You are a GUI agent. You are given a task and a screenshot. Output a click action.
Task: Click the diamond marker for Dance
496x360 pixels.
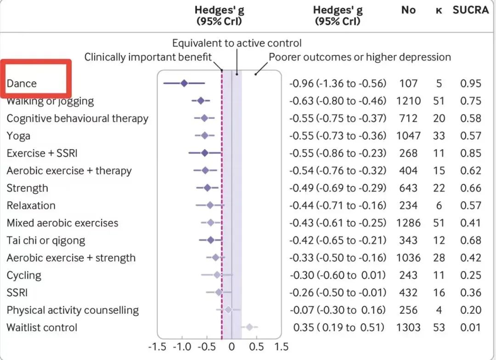click(x=184, y=83)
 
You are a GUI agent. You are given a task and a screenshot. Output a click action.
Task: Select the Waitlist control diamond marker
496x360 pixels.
click(x=249, y=327)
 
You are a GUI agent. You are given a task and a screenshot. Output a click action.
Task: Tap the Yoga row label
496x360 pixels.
click(x=18, y=135)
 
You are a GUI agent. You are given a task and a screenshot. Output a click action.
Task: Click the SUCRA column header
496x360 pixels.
click(x=470, y=10)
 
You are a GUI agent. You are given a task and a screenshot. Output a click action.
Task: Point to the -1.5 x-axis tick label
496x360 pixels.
click(x=157, y=347)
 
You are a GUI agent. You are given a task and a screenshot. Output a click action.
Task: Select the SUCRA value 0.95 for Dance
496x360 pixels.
click(x=471, y=83)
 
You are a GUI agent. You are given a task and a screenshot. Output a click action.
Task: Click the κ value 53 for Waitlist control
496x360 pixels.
click(x=439, y=327)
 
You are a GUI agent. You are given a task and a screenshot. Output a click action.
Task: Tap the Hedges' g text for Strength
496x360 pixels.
click(x=338, y=188)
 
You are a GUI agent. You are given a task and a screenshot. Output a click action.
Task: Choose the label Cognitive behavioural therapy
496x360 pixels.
click(x=77, y=118)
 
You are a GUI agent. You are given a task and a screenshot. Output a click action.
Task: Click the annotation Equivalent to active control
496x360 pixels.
click(x=237, y=43)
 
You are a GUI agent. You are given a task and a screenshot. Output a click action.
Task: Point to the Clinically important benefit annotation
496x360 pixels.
click(x=148, y=57)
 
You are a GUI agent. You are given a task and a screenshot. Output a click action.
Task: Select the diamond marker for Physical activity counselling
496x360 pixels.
click(x=228, y=310)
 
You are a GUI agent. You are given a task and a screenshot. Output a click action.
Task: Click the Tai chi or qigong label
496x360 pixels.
click(x=45, y=240)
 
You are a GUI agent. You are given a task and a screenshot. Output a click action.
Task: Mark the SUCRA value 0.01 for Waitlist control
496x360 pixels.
click(x=471, y=327)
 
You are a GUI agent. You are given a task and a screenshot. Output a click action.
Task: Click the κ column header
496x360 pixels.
click(x=439, y=10)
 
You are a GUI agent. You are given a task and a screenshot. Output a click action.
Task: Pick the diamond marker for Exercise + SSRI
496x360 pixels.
click(x=205, y=153)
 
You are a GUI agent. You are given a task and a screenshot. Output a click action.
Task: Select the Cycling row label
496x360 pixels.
click(x=24, y=275)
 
